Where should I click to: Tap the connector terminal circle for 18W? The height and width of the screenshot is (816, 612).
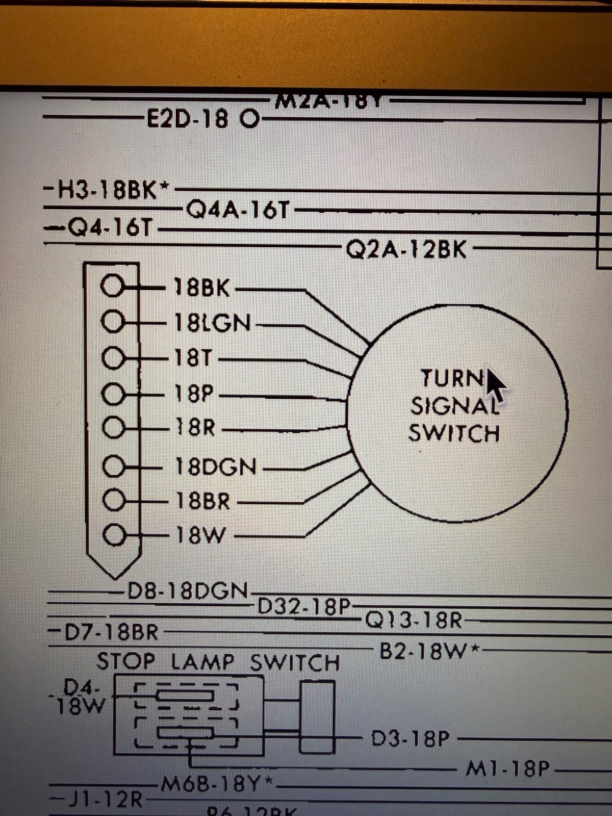(x=114, y=535)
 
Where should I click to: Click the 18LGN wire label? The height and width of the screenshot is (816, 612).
(x=213, y=323)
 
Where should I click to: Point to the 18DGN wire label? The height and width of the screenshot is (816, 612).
(x=216, y=467)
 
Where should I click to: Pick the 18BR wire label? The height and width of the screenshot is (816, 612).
(x=203, y=501)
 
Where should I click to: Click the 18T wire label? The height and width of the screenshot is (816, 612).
(x=193, y=358)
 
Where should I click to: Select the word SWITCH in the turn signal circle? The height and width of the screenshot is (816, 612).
(x=454, y=433)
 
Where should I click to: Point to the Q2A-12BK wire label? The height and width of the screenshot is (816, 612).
(x=406, y=249)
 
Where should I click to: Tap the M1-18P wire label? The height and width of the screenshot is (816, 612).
(x=508, y=769)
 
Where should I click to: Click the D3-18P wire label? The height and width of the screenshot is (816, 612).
(x=410, y=739)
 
